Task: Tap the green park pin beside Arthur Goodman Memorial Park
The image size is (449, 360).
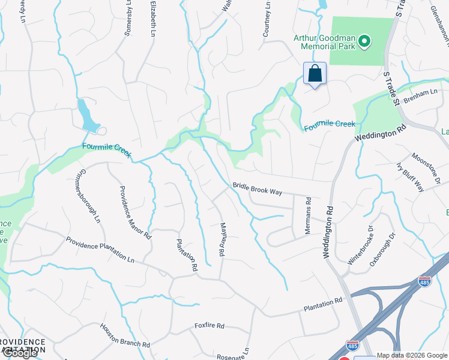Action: (364, 42)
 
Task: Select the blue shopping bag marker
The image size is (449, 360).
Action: (315, 74)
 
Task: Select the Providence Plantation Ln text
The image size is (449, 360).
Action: (100, 250)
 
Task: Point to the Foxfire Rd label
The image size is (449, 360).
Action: (209, 326)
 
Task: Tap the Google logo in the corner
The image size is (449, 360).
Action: (19, 353)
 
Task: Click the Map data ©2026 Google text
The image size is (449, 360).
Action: (412, 355)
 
